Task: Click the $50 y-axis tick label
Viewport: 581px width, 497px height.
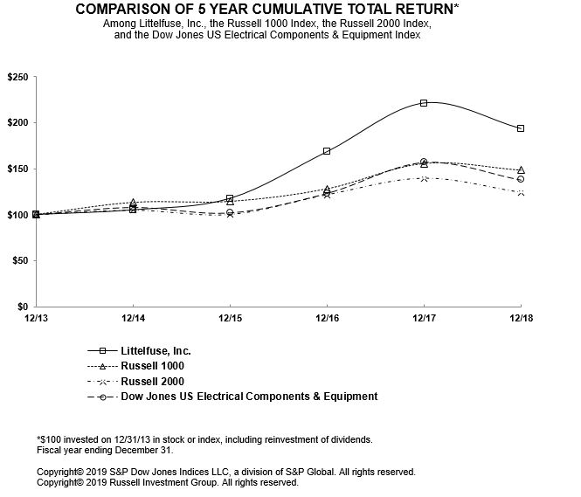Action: pyautogui.click(x=18, y=261)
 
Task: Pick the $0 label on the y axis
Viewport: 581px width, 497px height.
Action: pyautogui.click(x=22, y=307)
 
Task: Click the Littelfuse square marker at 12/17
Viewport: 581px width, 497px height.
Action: pyautogui.click(x=424, y=103)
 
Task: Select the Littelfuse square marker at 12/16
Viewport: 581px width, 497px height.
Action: pyautogui.click(x=327, y=151)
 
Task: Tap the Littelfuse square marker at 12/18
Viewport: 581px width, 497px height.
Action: pyautogui.click(x=521, y=128)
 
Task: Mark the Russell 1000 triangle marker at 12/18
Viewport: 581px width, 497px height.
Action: pyautogui.click(x=521, y=170)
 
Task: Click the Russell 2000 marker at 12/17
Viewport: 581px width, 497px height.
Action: pyautogui.click(x=424, y=178)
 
